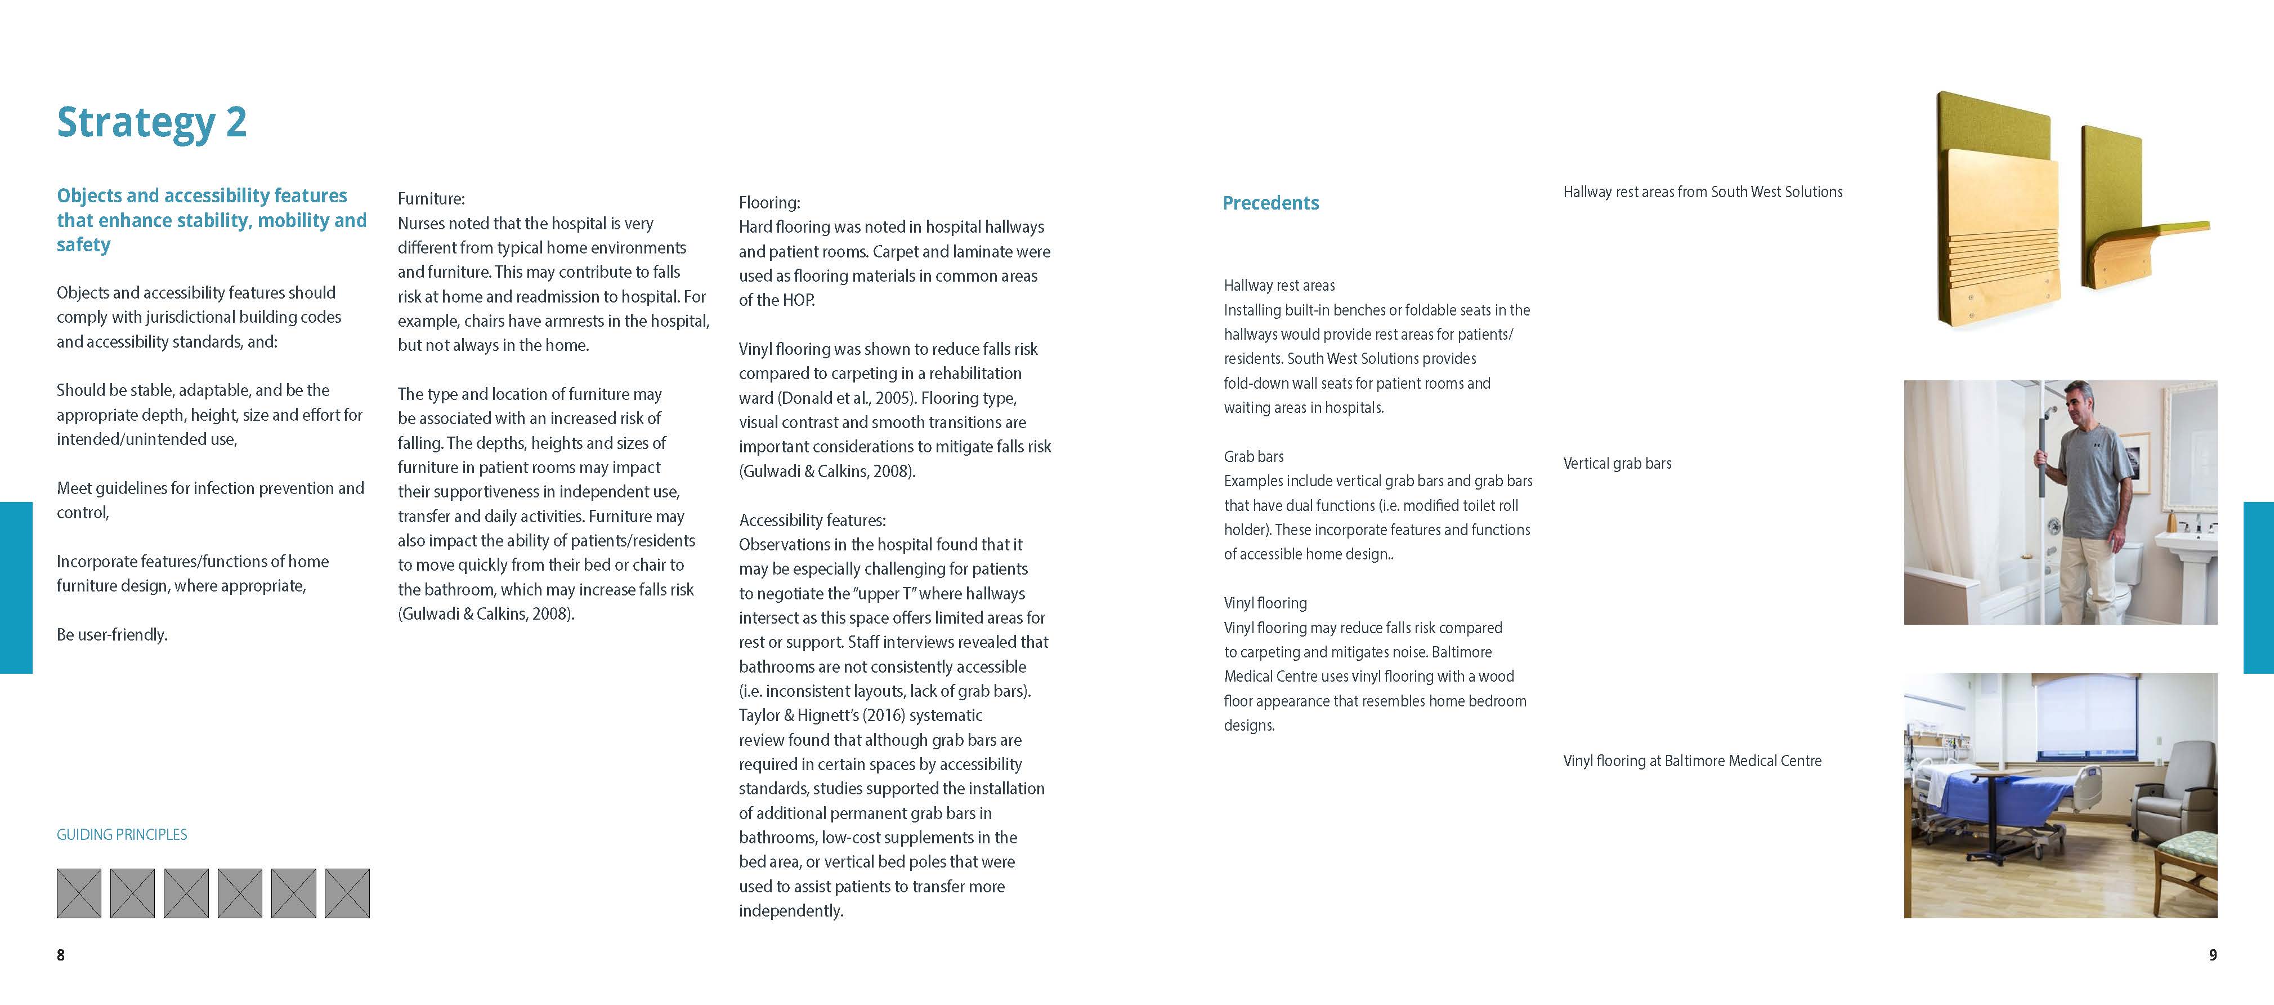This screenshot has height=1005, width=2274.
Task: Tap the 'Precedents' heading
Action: (1270, 203)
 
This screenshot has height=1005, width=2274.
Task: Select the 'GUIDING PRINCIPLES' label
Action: (122, 834)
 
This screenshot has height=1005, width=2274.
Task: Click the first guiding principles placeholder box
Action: (79, 893)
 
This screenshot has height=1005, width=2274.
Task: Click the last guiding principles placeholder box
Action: (347, 893)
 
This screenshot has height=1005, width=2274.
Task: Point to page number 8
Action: (61, 955)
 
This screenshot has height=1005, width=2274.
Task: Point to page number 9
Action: (2212, 955)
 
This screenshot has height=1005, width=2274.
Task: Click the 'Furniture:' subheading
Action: (431, 199)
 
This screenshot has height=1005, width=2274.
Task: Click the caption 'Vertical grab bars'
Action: (1617, 464)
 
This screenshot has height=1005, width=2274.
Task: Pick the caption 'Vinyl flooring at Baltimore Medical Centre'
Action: (1692, 761)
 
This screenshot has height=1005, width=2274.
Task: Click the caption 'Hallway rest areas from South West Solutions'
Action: (1703, 192)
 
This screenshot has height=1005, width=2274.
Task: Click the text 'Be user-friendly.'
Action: (112, 634)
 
